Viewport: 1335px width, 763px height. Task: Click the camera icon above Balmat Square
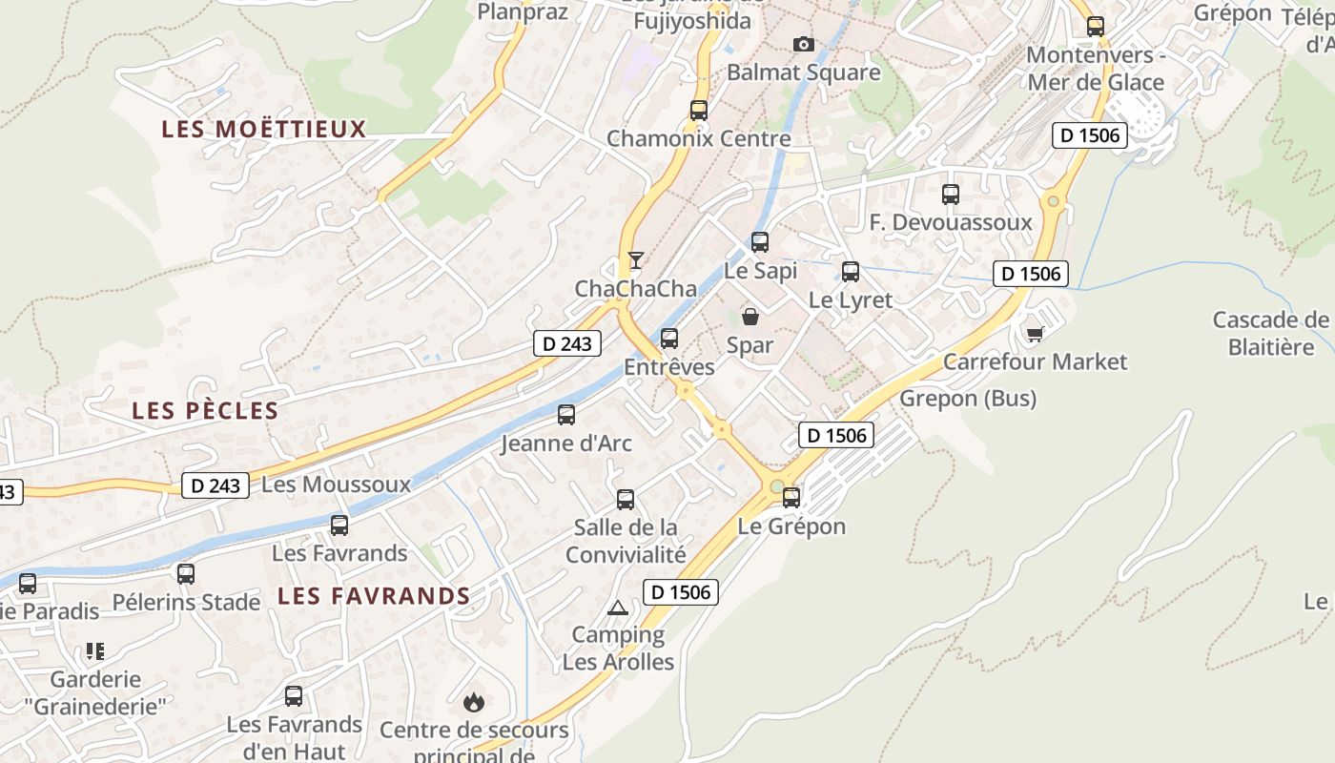tap(804, 44)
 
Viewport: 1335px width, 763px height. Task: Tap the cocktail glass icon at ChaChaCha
tap(635, 259)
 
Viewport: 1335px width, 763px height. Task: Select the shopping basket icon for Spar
tap(750, 317)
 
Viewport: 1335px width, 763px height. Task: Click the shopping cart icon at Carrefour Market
tap(1035, 333)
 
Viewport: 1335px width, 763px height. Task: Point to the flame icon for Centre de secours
tap(473, 703)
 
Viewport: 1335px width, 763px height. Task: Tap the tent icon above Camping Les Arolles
tap(618, 608)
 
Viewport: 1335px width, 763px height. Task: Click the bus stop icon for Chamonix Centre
tap(699, 110)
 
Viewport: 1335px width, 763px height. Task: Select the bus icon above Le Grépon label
tap(791, 497)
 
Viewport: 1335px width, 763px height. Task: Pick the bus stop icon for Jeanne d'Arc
tap(566, 415)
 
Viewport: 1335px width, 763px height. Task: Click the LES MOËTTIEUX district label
tap(264, 129)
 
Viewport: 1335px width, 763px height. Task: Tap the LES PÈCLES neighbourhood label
tap(205, 411)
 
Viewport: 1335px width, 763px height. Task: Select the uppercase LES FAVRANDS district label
tap(374, 596)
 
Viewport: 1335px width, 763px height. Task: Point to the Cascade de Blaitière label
tap(1270, 333)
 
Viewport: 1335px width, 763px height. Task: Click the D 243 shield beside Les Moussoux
tap(216, 485)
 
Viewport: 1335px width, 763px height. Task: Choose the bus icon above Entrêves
tap(669, 338)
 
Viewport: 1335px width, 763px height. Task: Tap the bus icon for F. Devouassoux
tap(951, 195)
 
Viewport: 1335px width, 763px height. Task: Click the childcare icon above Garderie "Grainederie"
tap(94, 651)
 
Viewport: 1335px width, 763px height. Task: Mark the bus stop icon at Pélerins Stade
tap(186, 574)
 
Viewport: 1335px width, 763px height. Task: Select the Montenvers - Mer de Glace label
tap(1095, 69)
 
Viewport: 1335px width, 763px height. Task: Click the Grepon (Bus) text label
tap(968, 398)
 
